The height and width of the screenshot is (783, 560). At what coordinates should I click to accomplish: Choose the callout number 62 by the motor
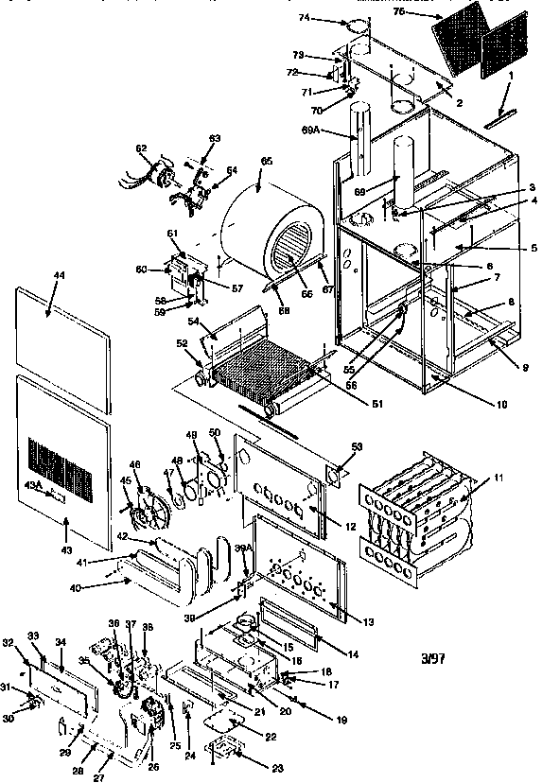[x=142, y=148]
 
